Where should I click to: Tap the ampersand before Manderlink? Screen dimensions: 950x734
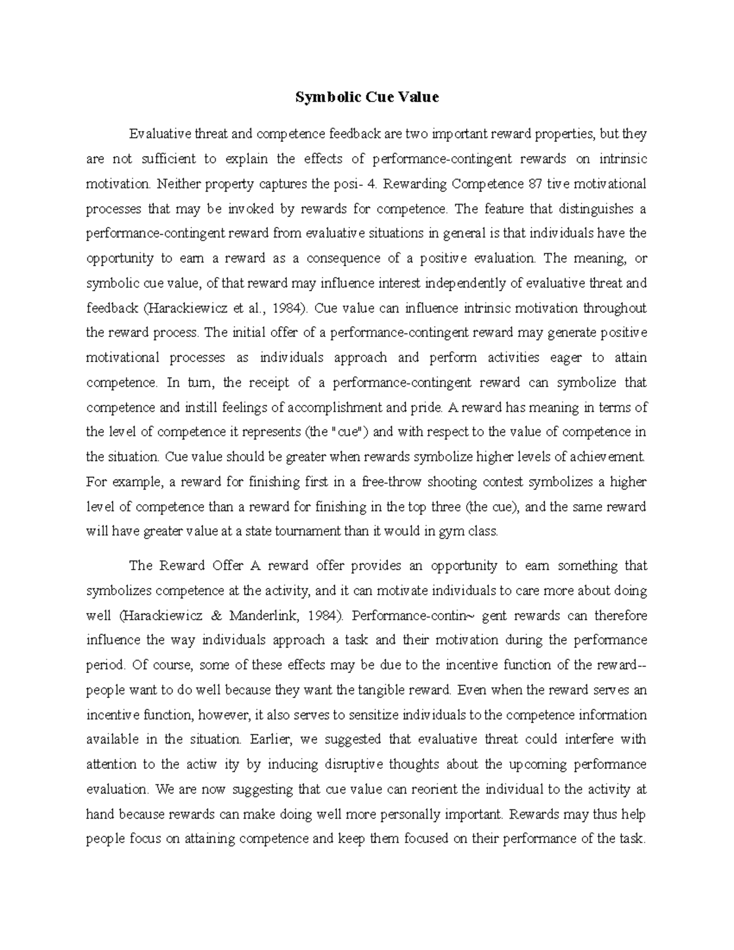pyautogui.click(x=212, y=615)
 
